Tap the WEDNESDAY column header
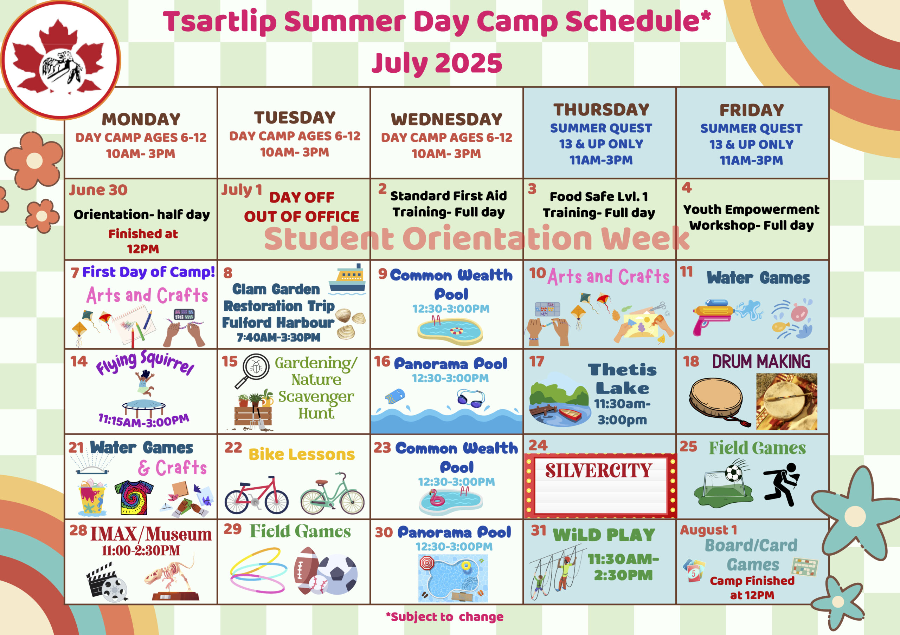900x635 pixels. coord(446,119)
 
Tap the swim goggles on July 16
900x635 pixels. coord(470,398)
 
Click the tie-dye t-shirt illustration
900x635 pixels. coord(134,497)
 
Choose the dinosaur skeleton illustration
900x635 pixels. coord(171,577)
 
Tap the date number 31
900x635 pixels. coord(539,530)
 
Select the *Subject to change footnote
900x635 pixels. coord(444,617)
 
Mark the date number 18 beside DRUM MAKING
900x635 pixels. coord(691,361)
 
